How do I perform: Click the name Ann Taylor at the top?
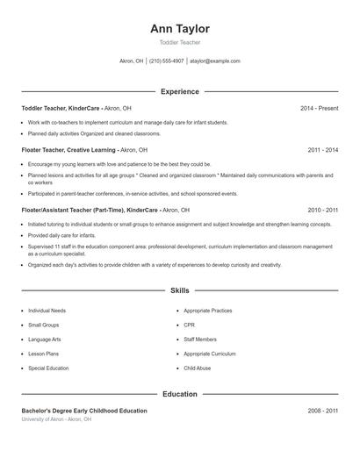point(179,29)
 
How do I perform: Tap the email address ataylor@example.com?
point(214,61)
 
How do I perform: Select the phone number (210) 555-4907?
point(167,61)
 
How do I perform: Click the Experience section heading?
point(179,91)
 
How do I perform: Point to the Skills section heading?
point(179,290)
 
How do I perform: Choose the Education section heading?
point(179,395)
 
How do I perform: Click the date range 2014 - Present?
point(319,108)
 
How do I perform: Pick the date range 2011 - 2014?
point(322,150)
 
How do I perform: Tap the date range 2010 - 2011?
point(322,211)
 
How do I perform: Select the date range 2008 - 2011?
point(322,411)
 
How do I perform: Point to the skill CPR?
point(190,325)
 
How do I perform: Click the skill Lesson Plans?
point(44,354)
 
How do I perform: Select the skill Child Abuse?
point(198,368)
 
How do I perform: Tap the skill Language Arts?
point(46,340)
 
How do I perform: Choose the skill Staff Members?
point(200,340)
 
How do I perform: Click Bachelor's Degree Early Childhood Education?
point(84,411)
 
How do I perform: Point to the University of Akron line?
point(56,419)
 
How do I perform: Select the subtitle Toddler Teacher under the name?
point(179,42)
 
